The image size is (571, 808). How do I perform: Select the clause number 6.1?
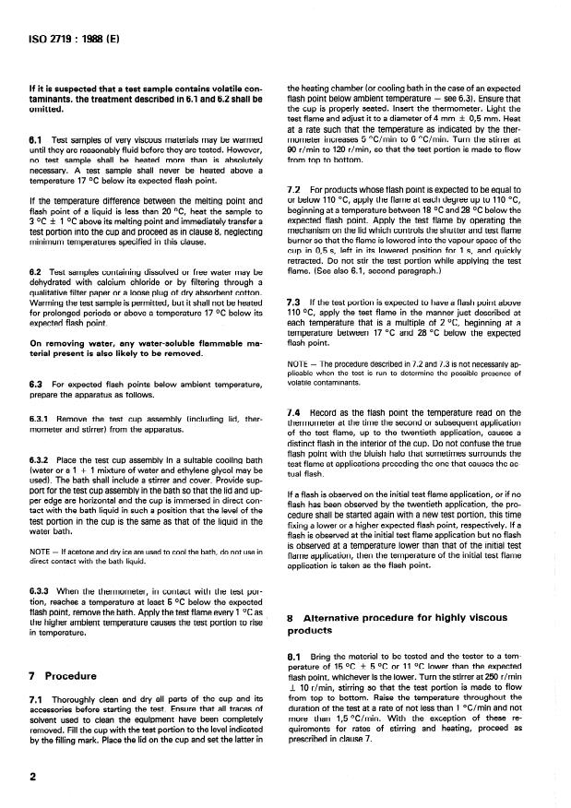tap(36, 139)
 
